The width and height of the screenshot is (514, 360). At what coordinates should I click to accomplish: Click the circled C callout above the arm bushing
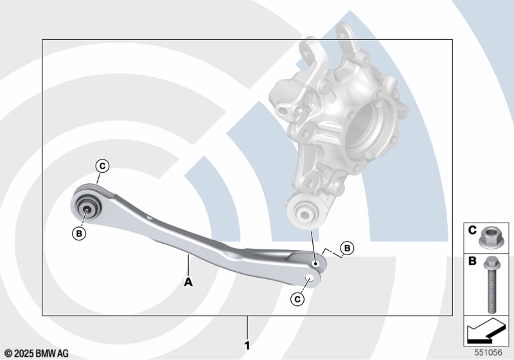[103, 166]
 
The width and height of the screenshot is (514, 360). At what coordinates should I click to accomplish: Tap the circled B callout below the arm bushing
[79, 233]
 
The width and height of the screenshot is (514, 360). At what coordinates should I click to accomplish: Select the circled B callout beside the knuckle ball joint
[347, 248]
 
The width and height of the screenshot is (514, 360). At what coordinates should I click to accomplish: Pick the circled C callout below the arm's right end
[297, 299]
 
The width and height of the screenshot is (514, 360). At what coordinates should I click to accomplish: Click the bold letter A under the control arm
[188, 282]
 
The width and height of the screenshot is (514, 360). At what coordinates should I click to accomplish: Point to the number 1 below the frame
[247, 346]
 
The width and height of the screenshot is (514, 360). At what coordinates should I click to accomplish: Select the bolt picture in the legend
[491, 285]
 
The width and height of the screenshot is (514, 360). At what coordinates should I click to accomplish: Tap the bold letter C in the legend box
[472, 230]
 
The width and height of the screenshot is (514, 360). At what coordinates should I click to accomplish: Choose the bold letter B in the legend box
[472, 261]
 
